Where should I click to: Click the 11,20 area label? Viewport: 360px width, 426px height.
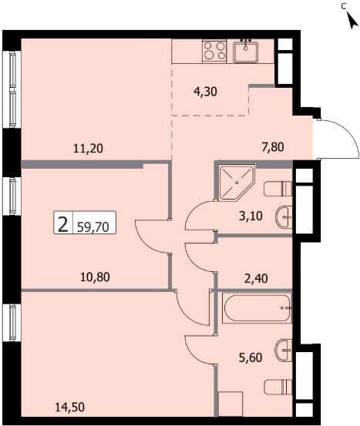point(88,149)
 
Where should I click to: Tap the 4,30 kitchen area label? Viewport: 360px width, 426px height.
point(205,92)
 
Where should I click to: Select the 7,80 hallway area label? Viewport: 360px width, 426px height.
point(273,147)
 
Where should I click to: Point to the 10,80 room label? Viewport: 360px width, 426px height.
point(95,277)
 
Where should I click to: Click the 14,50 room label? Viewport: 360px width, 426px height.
point(70,408)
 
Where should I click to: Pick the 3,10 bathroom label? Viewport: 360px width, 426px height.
point(251,216)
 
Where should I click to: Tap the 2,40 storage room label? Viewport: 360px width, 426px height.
point(256,278)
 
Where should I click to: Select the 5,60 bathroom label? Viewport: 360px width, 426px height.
point(251,357)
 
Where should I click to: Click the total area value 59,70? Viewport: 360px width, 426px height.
point(93,227)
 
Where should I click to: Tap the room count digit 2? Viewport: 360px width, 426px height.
point(63,225)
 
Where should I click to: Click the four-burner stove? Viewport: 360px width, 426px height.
point(214,51)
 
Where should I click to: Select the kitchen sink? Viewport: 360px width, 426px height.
point(246,52)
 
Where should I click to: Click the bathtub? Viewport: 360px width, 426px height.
point(257,308)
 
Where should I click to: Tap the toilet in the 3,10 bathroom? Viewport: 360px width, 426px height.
point(278,189)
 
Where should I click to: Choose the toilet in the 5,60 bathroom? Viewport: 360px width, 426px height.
point(278,387)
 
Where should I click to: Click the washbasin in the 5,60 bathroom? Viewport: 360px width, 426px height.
point(284,351)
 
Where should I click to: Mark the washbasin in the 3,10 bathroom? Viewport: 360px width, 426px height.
point(284,217)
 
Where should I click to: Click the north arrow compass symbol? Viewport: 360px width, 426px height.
point(353,22)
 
